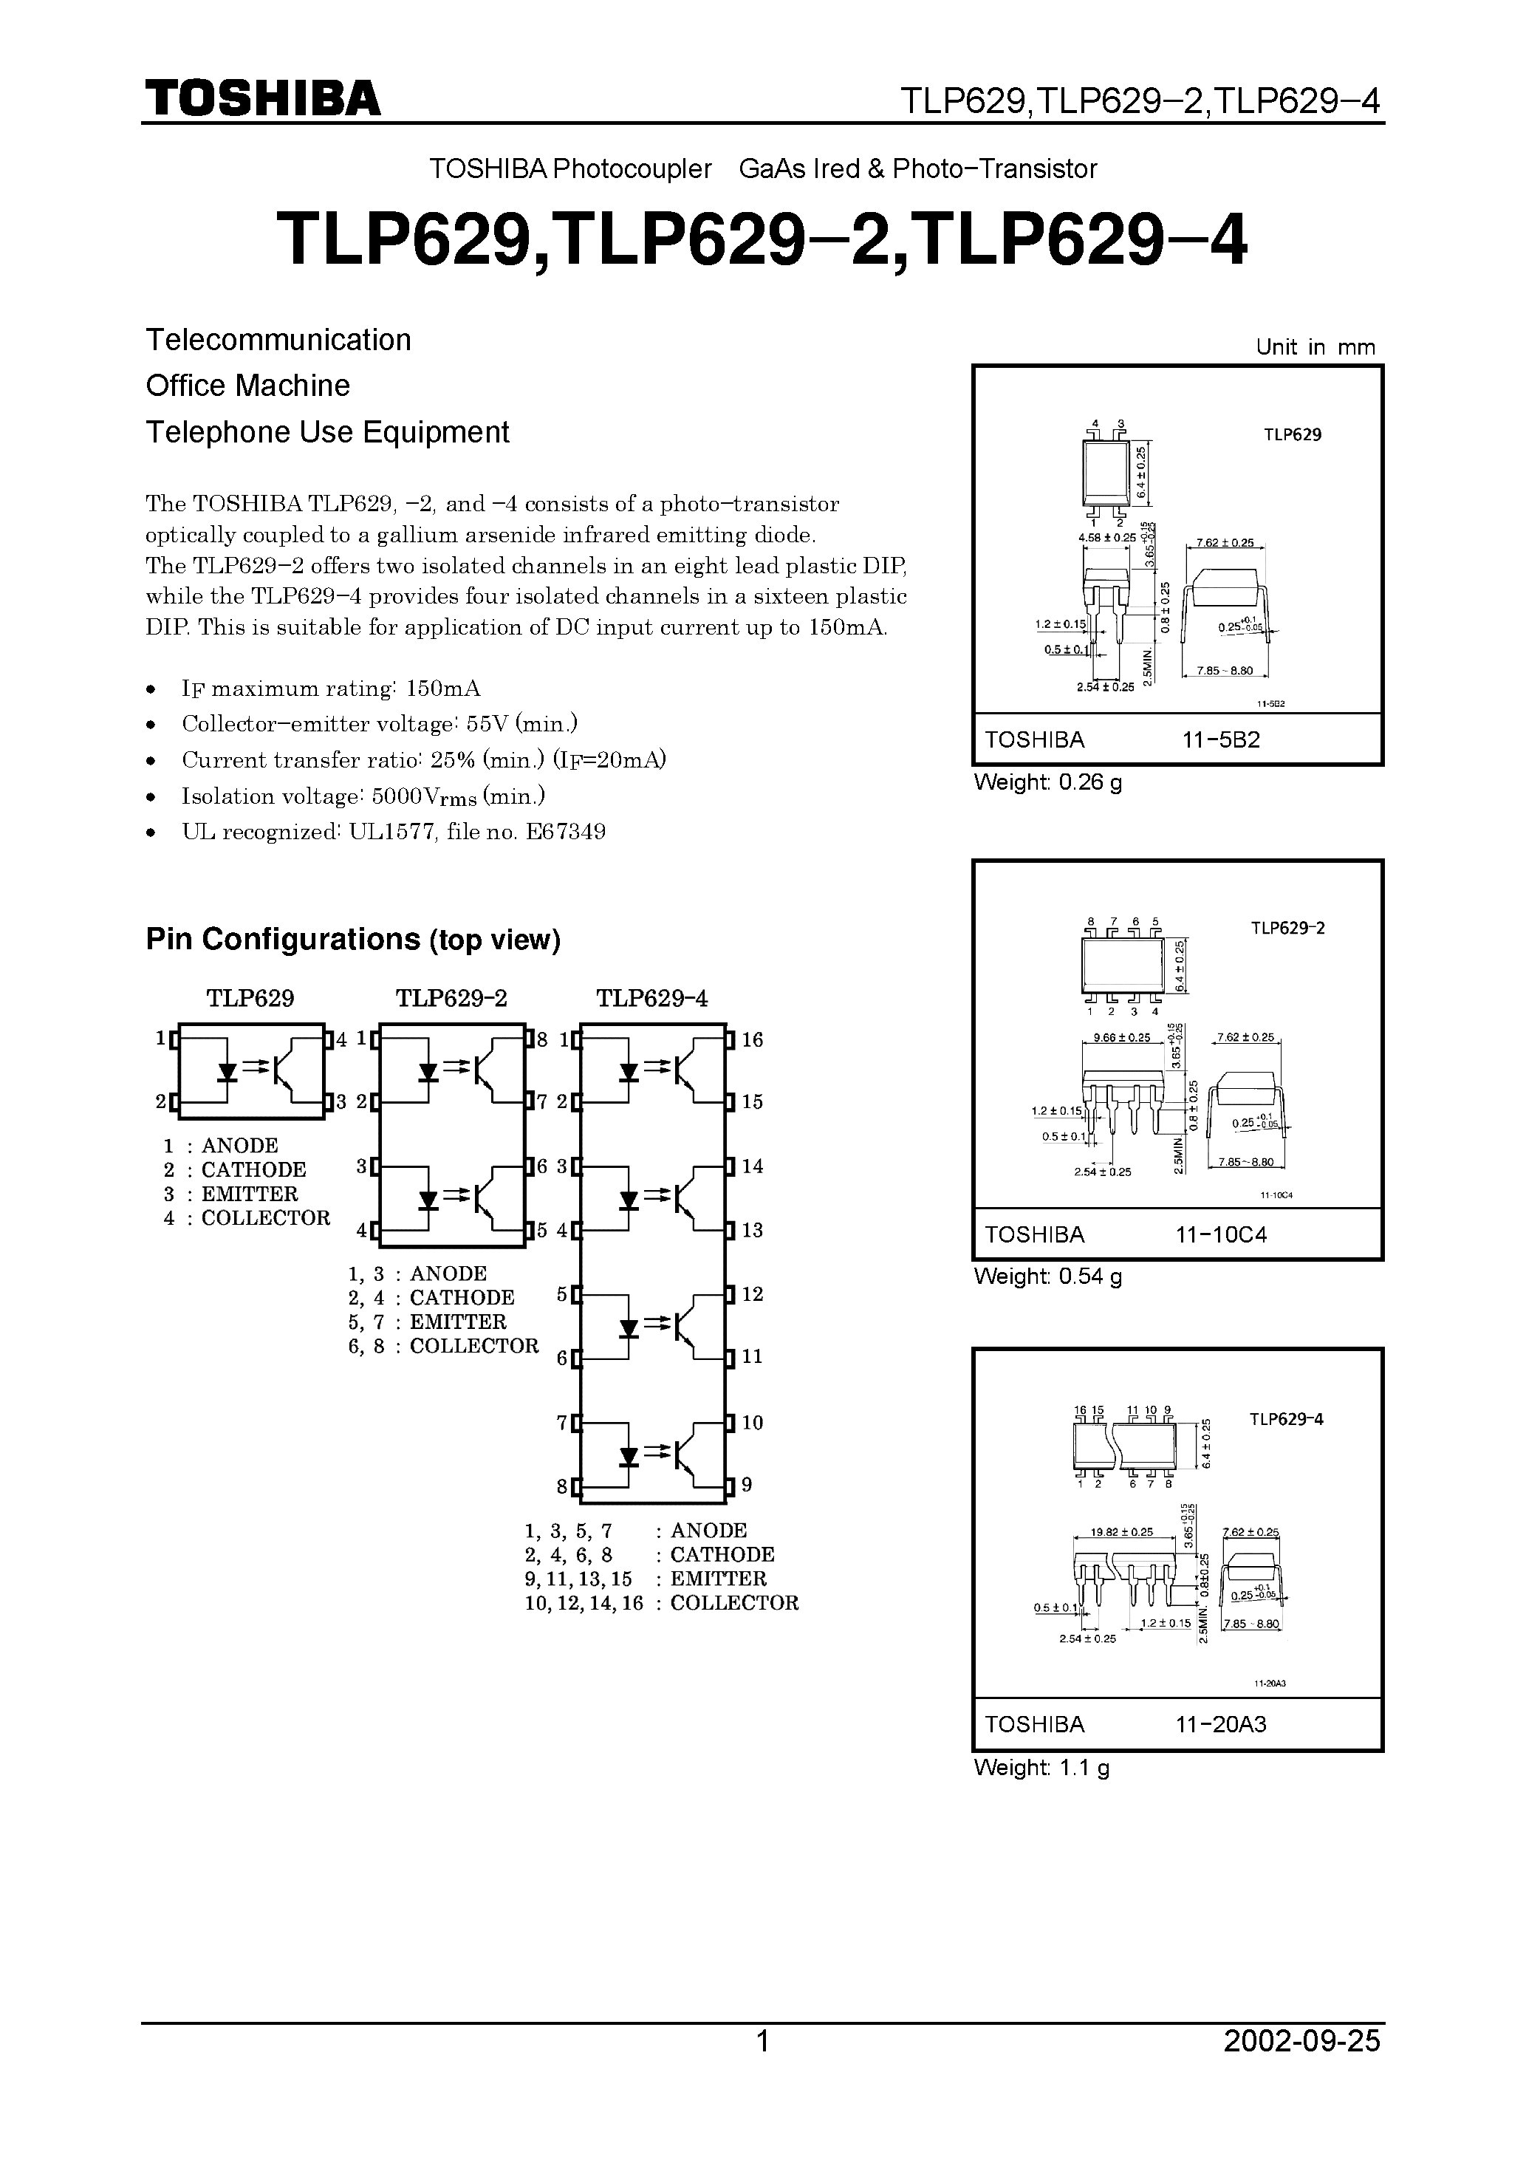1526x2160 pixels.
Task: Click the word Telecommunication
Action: coord(278,340)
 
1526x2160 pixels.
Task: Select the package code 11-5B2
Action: coord(1220,739)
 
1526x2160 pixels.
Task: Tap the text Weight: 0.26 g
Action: coord(1047,782)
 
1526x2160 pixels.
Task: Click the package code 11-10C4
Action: coord(1220,1234)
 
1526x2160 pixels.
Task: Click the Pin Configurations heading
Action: coord(353,939)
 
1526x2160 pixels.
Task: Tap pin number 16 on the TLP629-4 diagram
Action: coord(752,1039)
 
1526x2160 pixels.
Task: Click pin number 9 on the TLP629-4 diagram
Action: coord(746,1485)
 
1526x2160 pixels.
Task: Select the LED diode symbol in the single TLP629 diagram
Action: coord(227,1072)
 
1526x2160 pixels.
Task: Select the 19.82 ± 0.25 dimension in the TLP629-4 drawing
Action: coord(1121,1531)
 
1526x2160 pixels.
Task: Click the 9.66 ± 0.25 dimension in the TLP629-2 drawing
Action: coord(1121,1038)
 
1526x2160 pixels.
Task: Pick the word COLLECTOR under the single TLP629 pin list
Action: coord(265,1218)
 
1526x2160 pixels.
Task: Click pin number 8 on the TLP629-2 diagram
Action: coord(542,1039)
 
